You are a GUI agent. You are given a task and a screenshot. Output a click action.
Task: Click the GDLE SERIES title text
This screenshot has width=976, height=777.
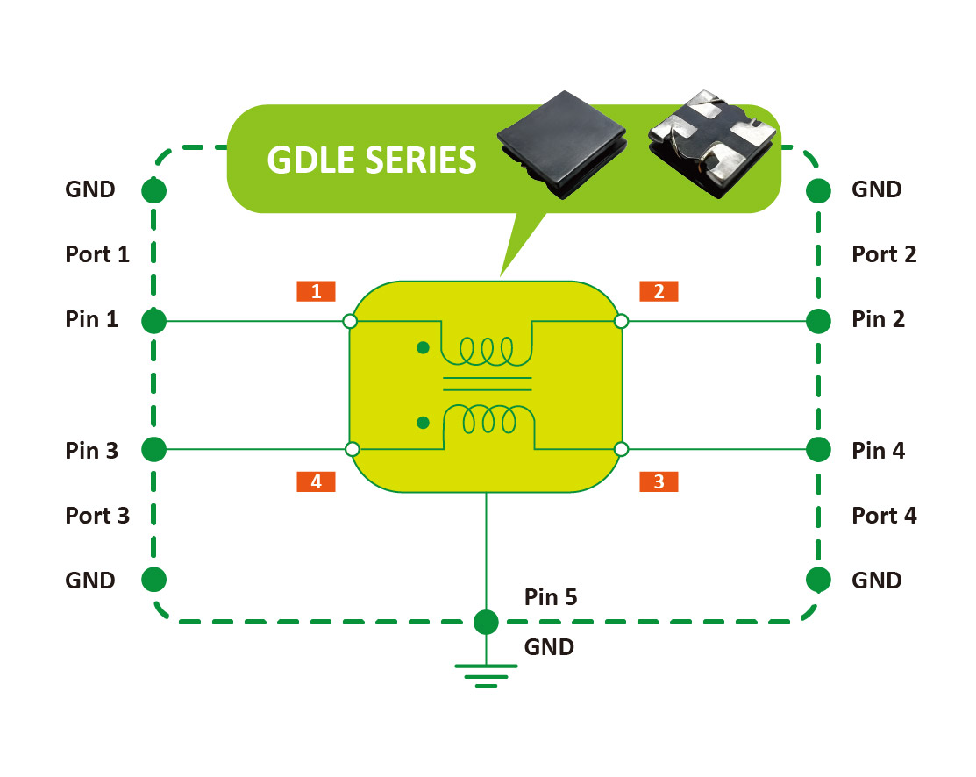point(372,160)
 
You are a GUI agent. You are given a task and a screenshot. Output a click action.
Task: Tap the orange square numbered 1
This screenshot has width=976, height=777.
point(316,291)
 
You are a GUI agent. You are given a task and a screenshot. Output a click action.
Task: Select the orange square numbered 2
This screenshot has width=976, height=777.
point(659,291)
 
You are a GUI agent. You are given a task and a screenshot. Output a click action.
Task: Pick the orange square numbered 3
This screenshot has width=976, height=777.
point(659,481)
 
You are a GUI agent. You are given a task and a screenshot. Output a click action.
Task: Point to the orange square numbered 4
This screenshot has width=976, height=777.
point(316,481)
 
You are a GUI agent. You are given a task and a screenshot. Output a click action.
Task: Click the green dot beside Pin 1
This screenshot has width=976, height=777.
point(154,321)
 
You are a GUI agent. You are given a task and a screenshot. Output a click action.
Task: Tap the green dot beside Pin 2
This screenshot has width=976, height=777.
point(818,321)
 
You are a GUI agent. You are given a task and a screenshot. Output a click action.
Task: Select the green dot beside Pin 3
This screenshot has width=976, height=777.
point(154,450)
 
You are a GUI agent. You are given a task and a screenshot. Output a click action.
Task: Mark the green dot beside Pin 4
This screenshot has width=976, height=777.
point(818,450)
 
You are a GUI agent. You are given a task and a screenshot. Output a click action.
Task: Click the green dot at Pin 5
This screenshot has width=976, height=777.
point(486,623)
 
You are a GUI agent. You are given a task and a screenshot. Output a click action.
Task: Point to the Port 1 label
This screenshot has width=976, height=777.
point(97,254)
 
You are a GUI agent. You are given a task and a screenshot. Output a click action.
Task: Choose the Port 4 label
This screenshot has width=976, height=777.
point(884,516)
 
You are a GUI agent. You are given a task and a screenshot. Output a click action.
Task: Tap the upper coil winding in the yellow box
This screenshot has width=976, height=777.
point(488,352)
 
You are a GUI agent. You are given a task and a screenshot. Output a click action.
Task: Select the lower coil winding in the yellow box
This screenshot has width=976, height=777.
point(488,419)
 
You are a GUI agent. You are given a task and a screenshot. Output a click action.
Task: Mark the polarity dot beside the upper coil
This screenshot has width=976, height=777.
point(423,348)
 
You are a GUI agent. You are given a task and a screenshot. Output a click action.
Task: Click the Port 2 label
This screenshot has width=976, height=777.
point(884,254)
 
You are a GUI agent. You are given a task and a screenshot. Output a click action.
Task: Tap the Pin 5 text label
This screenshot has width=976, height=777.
point(551,598)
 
